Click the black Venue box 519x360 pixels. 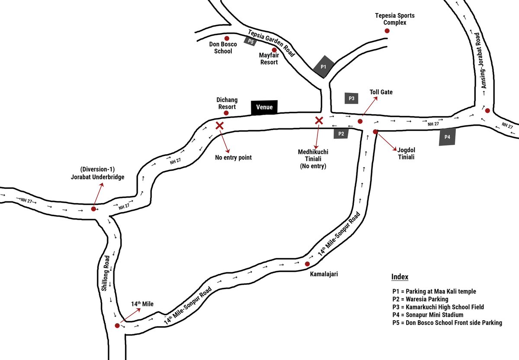click(264, 107)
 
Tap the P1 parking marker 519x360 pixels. click(324, 67)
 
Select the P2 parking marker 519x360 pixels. click(341, 134)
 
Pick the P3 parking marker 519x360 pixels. click(352, 98)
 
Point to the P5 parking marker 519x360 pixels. click(250, 41)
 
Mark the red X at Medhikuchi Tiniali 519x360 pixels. click(319, 120)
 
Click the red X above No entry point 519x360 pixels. click(220, 126)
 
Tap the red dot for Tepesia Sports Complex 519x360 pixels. click(387, 31)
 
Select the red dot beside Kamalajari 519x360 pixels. click(307, 264)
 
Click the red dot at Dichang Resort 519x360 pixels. click(226, 113)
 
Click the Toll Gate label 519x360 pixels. click(381, 92)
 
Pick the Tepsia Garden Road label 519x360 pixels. click(271, 43)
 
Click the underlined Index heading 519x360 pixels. click(399, 277)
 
